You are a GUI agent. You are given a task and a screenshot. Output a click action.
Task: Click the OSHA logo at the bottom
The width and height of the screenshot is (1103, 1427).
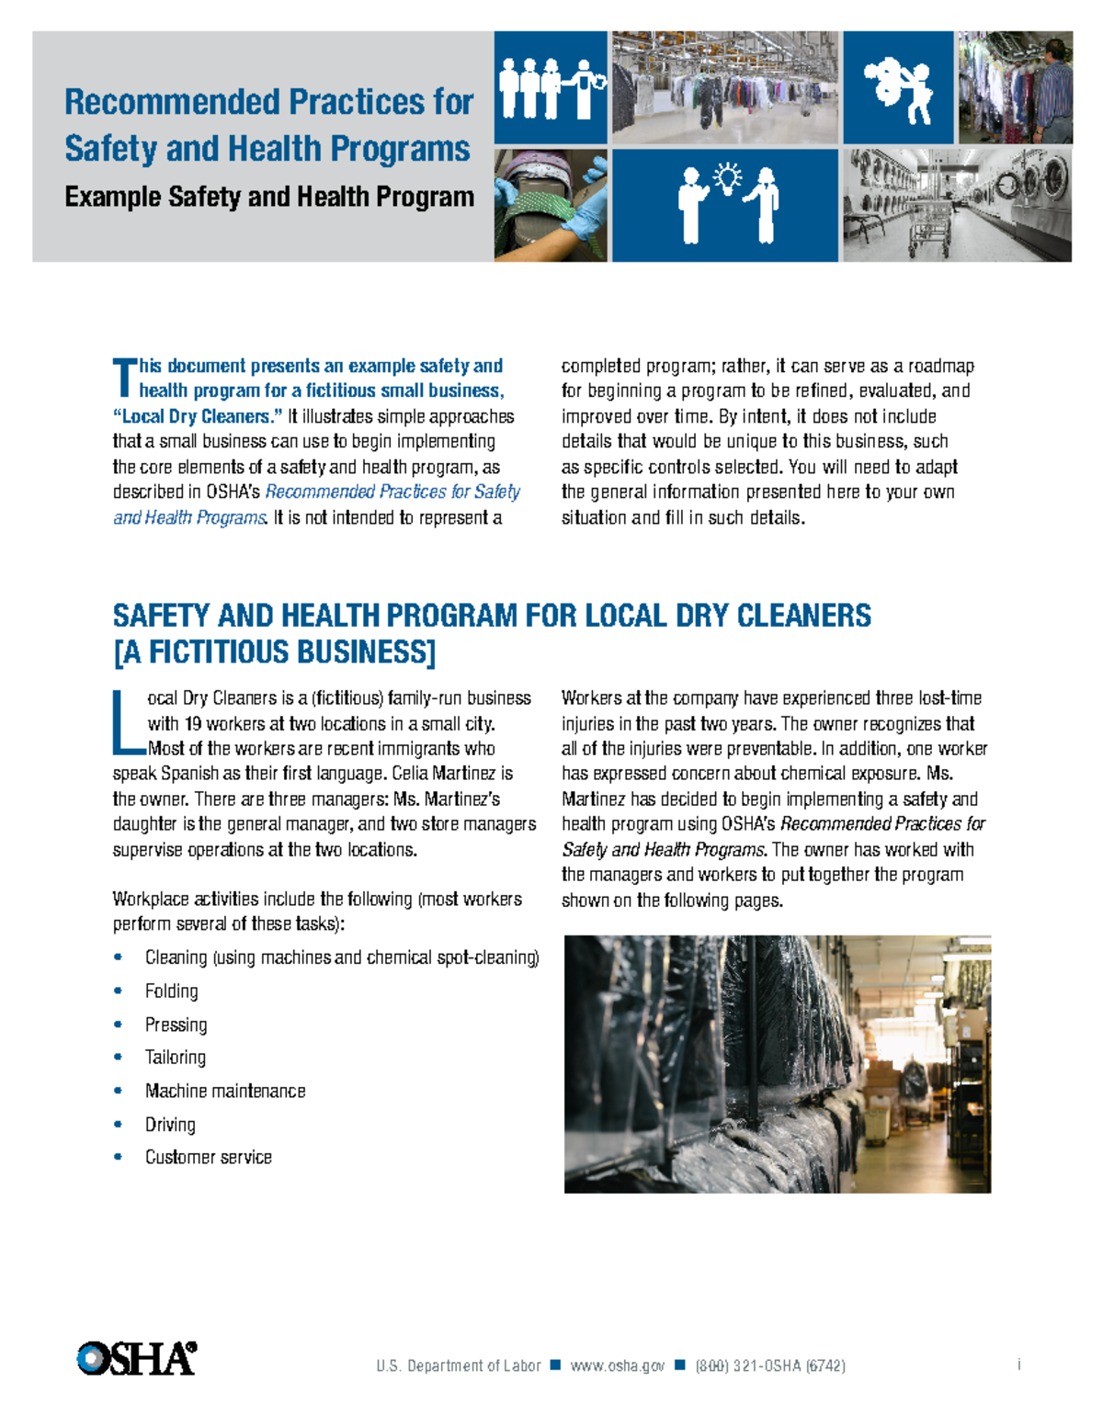[x=136, y=1358]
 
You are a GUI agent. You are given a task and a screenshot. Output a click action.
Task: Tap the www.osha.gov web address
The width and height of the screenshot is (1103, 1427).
[x=617, y=1366]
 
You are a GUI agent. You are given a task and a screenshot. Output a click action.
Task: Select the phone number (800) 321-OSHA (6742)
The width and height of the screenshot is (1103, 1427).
[x=770, y=1366]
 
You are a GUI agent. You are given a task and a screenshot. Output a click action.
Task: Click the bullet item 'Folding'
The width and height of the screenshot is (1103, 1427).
[x=171, y=991]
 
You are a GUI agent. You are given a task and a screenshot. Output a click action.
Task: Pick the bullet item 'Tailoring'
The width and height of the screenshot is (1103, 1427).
[x=175, y=1058]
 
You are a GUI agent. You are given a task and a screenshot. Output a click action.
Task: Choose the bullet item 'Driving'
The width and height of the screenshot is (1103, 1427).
[x=170, y=1125]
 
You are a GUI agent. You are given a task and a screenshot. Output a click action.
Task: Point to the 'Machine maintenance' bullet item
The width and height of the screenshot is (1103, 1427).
[x=225, y=1092]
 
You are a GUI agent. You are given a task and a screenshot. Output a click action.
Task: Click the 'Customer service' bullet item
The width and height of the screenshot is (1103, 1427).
[x=208, y=1158]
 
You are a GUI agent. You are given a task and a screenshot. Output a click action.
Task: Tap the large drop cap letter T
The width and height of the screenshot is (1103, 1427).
[x=124, y=379]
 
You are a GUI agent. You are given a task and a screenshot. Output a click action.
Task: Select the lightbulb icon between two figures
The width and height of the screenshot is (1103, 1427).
[x=727, y=177]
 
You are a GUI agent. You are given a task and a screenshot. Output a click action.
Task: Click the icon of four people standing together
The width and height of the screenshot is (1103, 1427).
[x=550, y=87]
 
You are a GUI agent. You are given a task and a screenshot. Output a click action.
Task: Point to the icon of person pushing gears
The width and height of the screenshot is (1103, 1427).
[x=898, y=88]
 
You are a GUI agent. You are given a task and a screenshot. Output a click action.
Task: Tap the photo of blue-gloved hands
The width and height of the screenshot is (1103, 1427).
[x=551, y=206]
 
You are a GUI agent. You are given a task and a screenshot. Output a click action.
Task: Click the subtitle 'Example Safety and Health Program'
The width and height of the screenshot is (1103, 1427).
[x=269, y=198]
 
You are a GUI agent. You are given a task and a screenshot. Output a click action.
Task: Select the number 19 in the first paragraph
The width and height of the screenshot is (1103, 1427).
[x=193, y=724]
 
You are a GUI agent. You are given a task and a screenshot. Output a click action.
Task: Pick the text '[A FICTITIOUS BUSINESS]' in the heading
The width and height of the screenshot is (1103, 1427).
[x=274, y=652]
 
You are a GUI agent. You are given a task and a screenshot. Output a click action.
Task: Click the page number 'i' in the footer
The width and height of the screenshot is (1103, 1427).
[x=1019, y=1365]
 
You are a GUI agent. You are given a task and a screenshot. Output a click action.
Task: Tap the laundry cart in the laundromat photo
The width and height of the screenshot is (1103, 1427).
[x=929, y=229]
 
